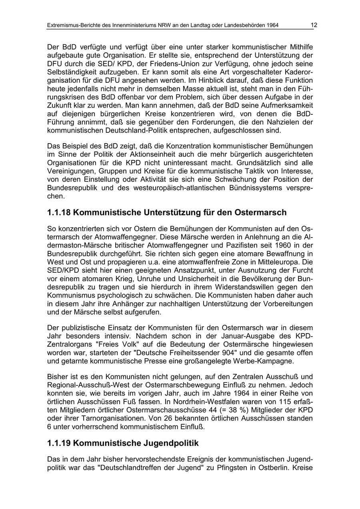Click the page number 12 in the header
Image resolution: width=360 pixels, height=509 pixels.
click(314, 25)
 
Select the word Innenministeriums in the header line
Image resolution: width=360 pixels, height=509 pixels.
click(142, 26)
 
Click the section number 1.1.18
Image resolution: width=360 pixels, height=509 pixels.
click(59, 212)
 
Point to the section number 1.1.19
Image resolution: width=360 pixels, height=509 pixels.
click(59, 443)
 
